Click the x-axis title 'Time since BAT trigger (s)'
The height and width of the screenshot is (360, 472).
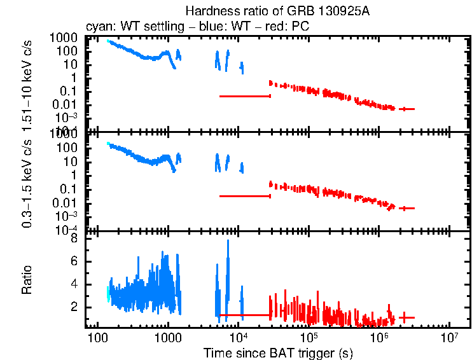coord(278,352)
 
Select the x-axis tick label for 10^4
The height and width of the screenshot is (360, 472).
coord(239,336)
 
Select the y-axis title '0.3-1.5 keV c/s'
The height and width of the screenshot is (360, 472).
coord(27,183)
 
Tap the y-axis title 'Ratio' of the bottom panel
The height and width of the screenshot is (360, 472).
coord(27,280)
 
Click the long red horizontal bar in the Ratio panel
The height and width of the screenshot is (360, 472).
coord(245,315)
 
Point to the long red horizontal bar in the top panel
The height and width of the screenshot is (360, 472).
coord(245,96)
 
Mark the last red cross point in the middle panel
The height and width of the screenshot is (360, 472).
coord(406,208)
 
